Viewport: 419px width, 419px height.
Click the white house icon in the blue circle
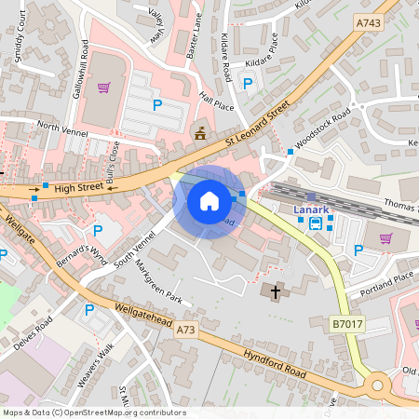click(209, 201)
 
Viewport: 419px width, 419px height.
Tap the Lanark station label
click(311, 209)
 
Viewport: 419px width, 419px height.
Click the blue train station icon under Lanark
click(317, 223)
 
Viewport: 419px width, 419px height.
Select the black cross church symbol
click(275, 292)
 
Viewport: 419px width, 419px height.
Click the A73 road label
click(185, 330)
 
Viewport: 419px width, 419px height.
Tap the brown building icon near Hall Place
click(199, 133)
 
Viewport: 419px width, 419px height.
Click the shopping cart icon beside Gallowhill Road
click(104, 88)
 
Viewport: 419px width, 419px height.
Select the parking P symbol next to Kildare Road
click(248, 84)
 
